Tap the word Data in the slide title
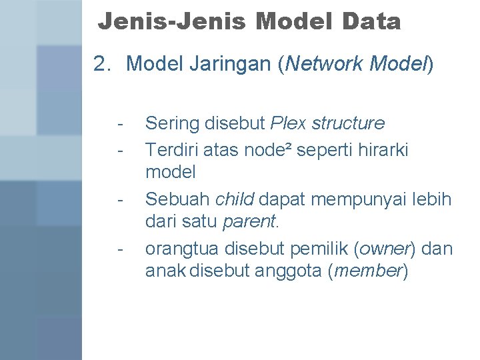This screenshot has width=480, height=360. point(372,22)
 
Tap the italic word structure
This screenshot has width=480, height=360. point(348,124)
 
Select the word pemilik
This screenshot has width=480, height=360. point(321,249)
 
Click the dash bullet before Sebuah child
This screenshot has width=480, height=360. point(119,199)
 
